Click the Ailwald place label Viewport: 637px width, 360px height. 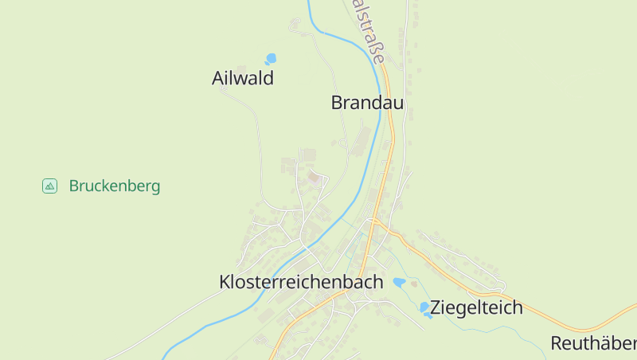(x=243, y=78)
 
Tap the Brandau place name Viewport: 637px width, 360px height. (x=367, y=103)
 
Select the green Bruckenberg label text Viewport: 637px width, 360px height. (x=115, y=186)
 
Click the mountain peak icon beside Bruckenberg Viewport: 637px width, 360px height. (x=49, y=186)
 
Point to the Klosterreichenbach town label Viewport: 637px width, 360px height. (x=301, y=282)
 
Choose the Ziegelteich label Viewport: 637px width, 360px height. (x=476, y=307)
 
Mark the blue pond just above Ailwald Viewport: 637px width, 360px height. (x=272, y=58)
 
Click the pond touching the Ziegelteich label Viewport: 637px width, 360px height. (x=425, y=307)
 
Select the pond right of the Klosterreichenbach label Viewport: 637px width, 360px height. (x=399, y=282)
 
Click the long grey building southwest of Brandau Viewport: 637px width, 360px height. (x=363, y=142)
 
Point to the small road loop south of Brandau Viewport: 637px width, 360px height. (x=342, y=143)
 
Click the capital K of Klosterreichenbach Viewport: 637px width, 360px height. (x=225, y=282)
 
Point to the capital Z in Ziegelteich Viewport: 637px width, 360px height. (x=436, y=307)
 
